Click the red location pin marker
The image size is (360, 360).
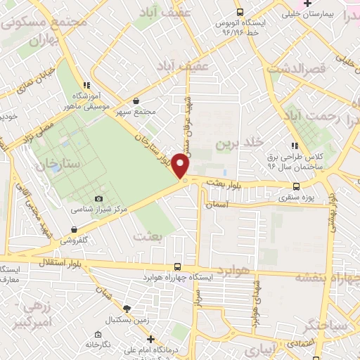pos(181,167)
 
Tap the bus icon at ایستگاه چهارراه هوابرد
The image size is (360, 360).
pos(178,267)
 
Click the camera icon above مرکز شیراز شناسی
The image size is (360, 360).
pos(98,199)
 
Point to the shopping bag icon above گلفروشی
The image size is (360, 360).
pos(74,229)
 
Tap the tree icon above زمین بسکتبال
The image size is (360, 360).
pos(127,308)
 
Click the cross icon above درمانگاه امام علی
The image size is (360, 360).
pos(150,339)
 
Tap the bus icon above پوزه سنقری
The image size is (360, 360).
pos(296,186)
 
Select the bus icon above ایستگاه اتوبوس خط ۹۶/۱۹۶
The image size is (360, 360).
pos(240,12)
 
